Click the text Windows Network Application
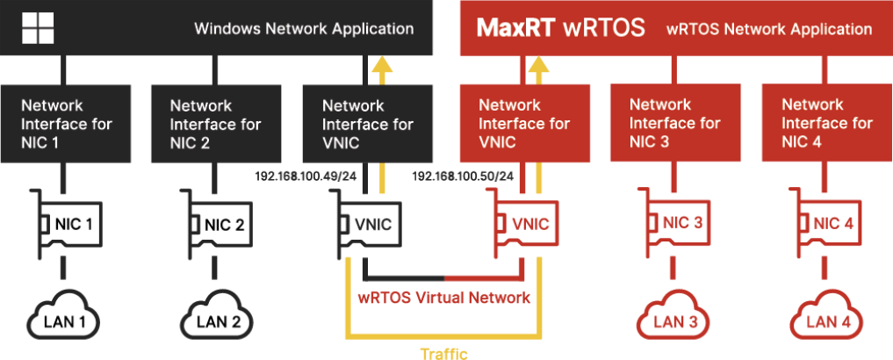coord(304,29)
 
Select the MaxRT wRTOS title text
coord(560,27)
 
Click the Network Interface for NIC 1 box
coord(66,124)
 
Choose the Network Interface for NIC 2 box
coord(215,124)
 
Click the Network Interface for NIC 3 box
coord(673,124)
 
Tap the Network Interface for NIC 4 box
coord(826,124)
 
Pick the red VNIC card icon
coord(522,225)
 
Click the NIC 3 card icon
coord(674,223)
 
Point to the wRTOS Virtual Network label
coord(444,299)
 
